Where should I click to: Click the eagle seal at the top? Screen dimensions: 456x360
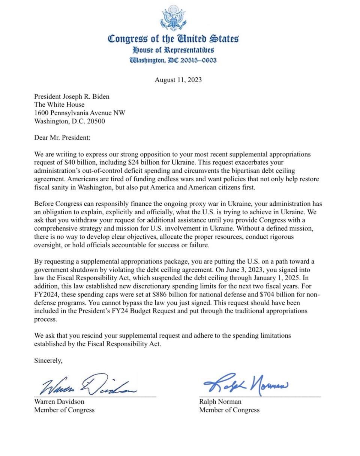click(x=173, y=18)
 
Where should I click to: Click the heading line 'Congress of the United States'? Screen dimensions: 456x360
click(x=173, y=39)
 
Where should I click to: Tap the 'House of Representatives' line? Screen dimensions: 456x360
click(x=173, y=50)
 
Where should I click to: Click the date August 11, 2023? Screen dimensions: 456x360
click(x=178, y=80)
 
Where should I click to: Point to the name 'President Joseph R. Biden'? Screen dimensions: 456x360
click(x=72, y=96)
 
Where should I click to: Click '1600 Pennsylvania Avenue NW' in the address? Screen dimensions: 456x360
click(x=79, y=113)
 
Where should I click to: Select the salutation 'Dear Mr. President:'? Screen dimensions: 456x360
click(x=62, y=137)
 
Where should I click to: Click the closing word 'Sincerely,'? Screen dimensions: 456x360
click(x=48, y=361)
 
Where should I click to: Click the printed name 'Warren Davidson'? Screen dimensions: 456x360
click(x=59, y=401)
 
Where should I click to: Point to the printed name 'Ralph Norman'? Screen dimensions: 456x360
click(x=220, y=402)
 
